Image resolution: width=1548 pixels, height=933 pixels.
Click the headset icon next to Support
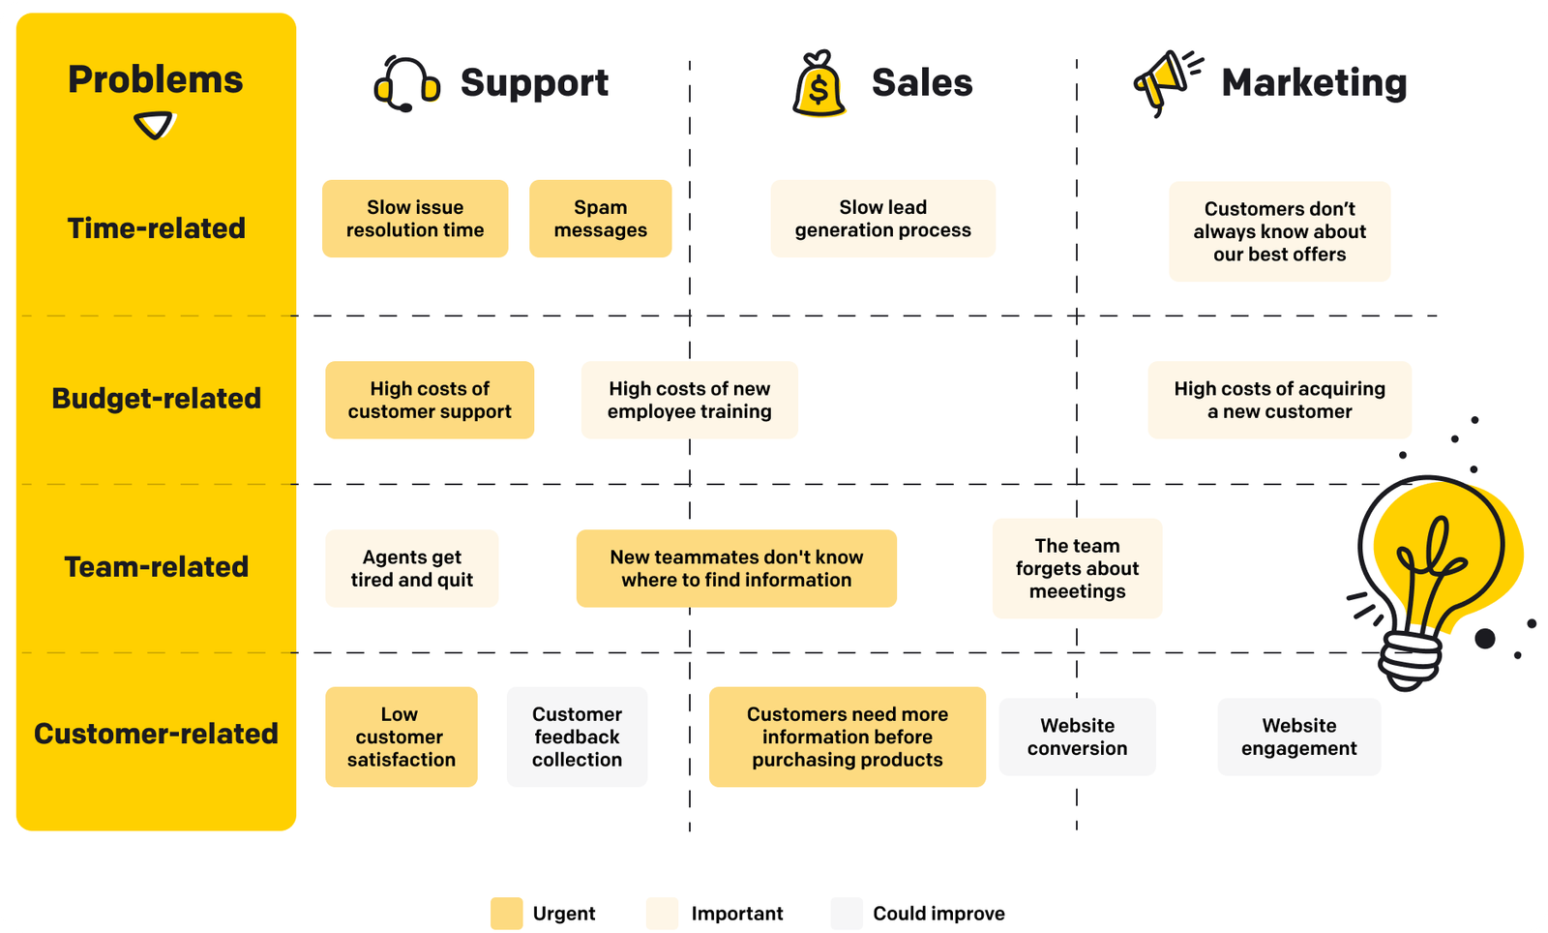click(406, 84)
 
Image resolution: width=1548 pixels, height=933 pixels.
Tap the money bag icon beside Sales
click(819, 85)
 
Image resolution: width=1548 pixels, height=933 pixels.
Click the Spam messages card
click(600, 219)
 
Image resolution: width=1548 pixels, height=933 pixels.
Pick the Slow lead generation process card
click(882, 219)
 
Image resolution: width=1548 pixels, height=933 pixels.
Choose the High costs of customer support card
click(430, 400)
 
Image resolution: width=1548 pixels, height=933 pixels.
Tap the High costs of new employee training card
click(689, 400)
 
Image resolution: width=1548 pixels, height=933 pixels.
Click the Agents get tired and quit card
click(411, 568)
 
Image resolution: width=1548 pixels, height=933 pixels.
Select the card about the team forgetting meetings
click(1077, 568)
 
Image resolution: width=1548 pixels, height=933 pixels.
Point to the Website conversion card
click(1077, 737)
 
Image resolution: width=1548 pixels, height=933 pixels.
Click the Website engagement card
click(1298, 737)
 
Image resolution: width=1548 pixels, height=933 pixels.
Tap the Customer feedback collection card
click(577, 737)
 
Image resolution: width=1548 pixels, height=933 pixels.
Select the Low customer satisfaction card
click(401, 737)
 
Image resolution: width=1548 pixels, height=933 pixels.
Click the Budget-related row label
click(156, 399)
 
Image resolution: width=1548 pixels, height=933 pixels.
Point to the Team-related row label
click(156, 567)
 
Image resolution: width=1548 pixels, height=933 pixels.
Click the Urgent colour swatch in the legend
click(506, 913)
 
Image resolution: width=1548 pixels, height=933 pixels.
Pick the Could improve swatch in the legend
click(846, 913)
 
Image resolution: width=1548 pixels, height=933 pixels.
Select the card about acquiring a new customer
click(1279, 400)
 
